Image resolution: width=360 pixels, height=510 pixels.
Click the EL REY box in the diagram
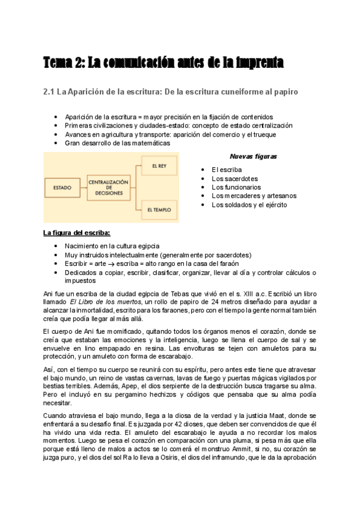(159, 165)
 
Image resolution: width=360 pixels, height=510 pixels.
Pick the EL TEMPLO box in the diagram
(159, 210)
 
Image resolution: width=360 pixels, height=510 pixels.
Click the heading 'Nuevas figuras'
(253, 157)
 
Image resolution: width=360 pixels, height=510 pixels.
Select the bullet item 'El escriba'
(227, 170)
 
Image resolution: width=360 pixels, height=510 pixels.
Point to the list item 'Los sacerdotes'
(234, 179)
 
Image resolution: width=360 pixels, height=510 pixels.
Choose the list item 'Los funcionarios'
(236, 187)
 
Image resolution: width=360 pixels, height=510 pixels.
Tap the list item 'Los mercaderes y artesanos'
(254, 195)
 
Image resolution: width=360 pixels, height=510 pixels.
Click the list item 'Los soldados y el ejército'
(249, 204)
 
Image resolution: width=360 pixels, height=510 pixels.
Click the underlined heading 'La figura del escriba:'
(76, 233)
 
